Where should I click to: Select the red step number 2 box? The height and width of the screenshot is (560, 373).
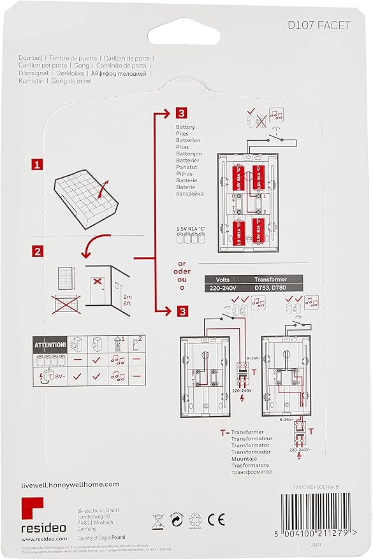(x=38, y=250)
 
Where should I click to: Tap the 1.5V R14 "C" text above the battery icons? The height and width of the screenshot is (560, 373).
(x=191, y=228)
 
